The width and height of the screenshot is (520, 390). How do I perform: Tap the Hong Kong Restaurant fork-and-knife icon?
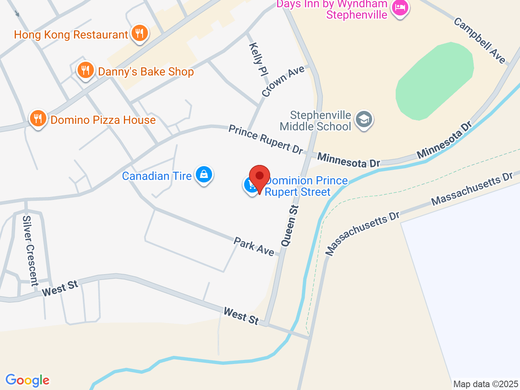point(140,33)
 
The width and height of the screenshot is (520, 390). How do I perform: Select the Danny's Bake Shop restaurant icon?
point(85,70)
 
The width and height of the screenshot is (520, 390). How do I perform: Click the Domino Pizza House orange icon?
point(38,119)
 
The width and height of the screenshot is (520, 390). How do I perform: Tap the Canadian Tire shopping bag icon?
point(204,175)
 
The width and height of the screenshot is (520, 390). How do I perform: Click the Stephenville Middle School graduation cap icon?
point(364,120)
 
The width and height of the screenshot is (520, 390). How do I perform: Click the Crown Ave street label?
point(283,81)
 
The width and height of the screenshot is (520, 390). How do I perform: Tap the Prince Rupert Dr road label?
point(266,139)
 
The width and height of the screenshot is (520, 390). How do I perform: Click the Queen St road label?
point(290,226)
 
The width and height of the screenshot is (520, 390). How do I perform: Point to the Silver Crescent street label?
point(30,251)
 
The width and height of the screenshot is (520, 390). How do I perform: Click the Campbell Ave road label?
point(480,41)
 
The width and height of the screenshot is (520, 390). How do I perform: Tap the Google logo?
point(27,381)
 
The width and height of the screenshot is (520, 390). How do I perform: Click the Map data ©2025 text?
point(485,384)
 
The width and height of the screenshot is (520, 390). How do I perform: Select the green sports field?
point(435,81)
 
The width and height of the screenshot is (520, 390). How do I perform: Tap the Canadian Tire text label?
point(157,176)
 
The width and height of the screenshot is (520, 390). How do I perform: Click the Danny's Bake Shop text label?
point(146,72)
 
